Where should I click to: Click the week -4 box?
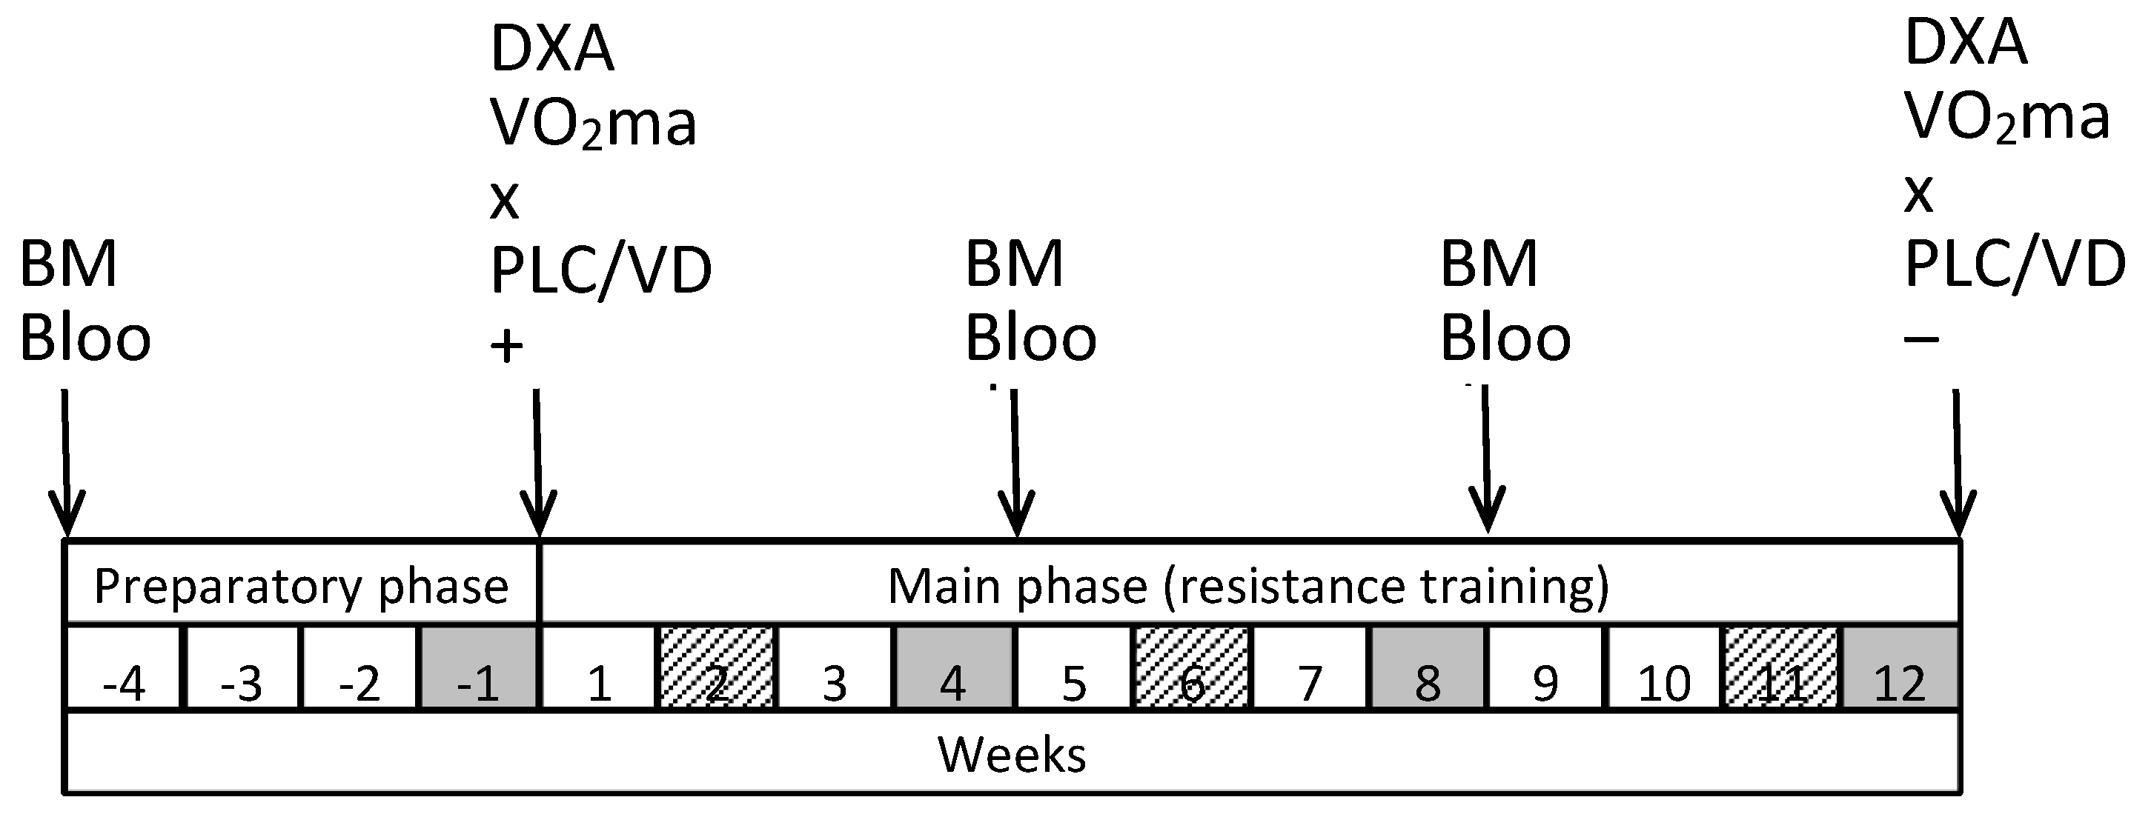click(x=123, y=668)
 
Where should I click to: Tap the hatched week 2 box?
click(x=717, y=668)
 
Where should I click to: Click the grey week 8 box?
click(x=1427, y=668)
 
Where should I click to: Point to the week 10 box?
click(x=1664, y=668)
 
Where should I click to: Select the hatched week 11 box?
click(x=1782, y=668)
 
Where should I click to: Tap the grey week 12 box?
click(x=1900, y=668)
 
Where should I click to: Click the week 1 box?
click(x=598, y=668)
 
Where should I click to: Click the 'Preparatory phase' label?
click(x=301, y=586)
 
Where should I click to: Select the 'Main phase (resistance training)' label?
click(x=1247, y=586)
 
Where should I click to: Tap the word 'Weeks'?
click(x=1011, y=755)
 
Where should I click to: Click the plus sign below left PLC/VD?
click(x=507, y=345)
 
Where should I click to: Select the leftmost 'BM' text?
click(x=67, y=264)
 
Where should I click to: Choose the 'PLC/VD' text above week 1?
click(x=600, y=270)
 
